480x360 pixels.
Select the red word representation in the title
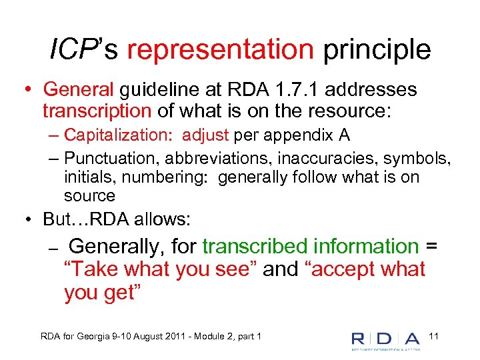click(x=220, y=50)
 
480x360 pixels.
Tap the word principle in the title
click(x=375, y=50)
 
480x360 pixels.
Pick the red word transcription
click(x=97, y=109)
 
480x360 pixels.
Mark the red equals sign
click(x=431, y=246)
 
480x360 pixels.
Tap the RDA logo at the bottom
click(x=386, y=339)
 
